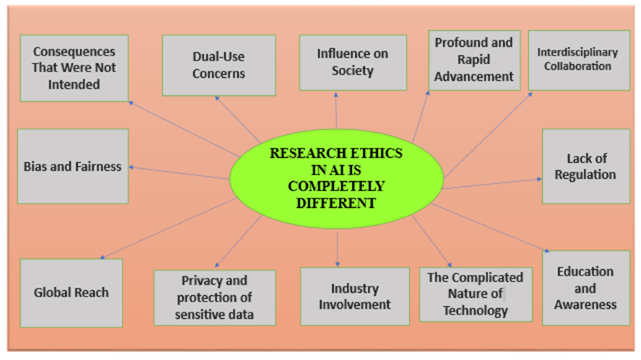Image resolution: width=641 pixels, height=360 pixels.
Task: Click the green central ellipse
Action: pos(336,177)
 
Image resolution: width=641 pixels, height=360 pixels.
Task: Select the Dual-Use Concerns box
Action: pos(209,64)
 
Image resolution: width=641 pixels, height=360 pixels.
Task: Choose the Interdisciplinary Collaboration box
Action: pos(578,60)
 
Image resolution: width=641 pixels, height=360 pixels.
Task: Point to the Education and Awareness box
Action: pos(585,288)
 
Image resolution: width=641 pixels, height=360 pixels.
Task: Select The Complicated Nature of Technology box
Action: pos(475,294)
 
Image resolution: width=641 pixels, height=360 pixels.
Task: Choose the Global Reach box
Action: pos(71,293)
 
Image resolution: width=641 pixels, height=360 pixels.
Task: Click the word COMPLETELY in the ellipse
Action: pos(337,186)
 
